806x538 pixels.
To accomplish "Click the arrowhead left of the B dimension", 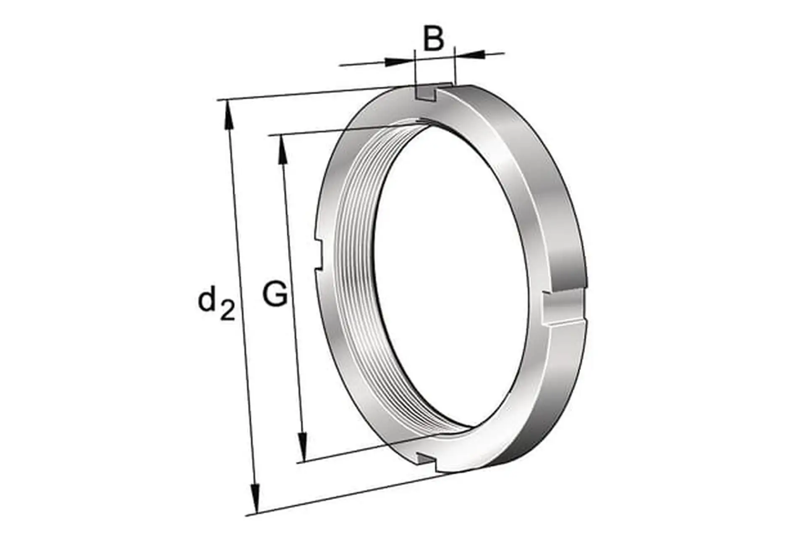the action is (398, 61).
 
